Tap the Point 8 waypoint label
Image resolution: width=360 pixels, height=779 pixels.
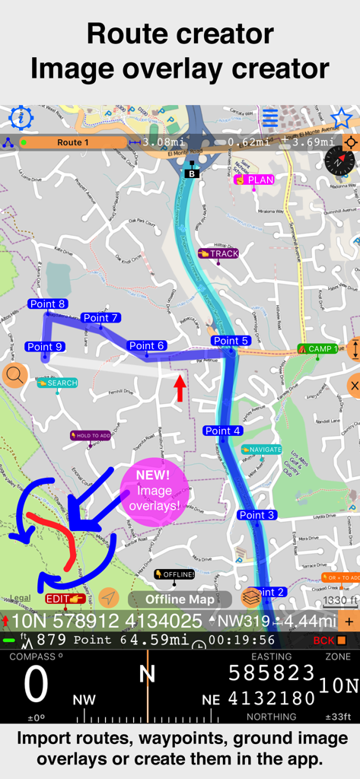47,304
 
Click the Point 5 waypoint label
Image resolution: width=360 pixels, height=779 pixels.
231,341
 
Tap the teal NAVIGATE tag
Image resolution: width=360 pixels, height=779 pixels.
260,450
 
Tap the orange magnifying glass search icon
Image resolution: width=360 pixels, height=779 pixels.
14,375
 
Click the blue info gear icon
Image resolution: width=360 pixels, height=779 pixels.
21,118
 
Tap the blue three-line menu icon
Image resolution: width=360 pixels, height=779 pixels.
270,118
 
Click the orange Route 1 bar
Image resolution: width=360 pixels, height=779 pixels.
72,142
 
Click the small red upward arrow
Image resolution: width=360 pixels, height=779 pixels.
180,388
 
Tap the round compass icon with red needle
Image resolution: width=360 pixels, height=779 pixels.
339,161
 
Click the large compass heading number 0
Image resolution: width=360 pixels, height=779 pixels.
36,685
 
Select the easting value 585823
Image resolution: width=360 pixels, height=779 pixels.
272,673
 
